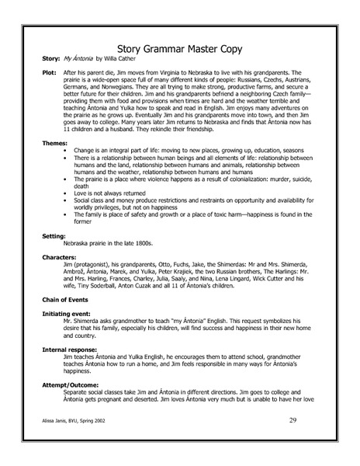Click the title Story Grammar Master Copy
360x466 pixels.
179,48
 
